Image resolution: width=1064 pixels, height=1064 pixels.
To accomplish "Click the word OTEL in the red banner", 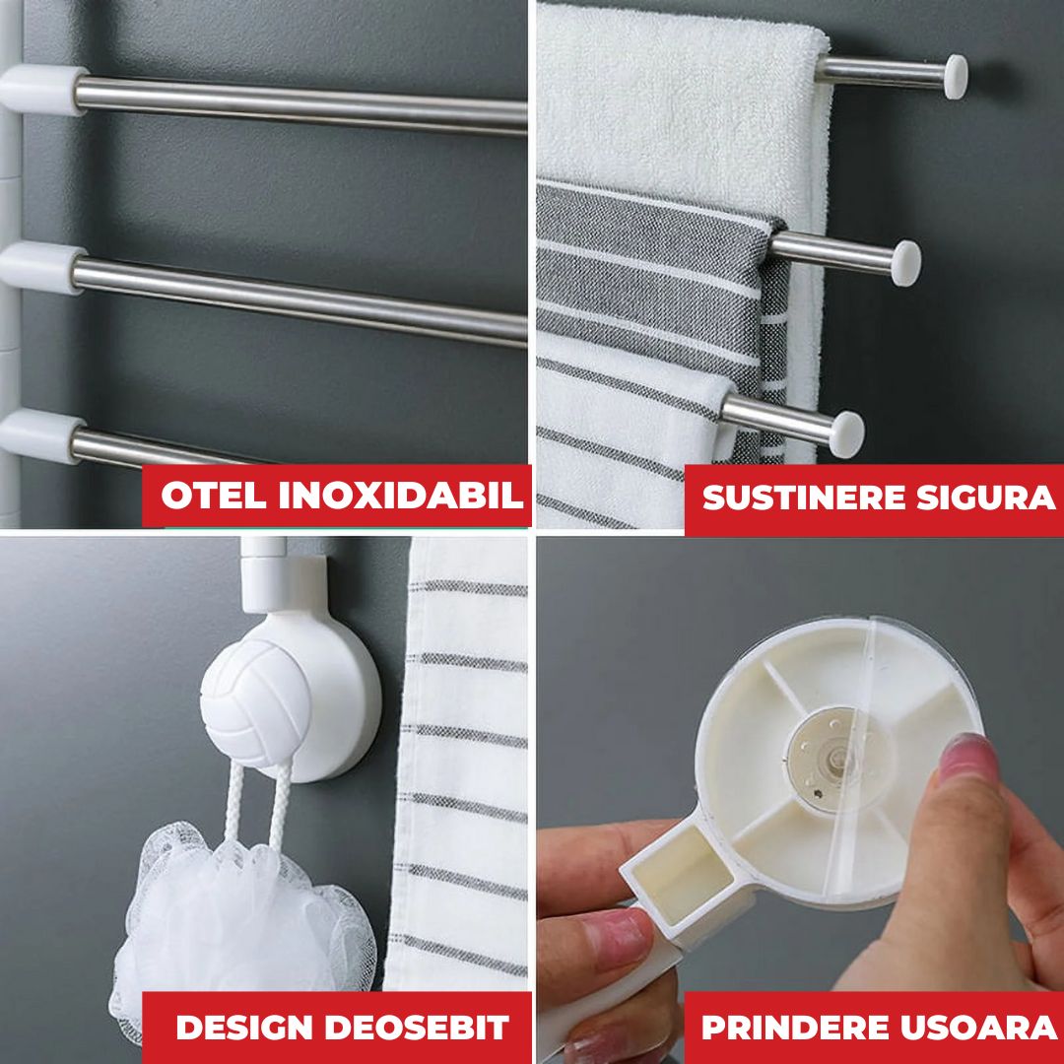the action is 213,496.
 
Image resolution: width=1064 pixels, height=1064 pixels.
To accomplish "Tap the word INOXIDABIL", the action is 401,496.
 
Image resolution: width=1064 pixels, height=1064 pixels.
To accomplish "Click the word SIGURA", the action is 986,498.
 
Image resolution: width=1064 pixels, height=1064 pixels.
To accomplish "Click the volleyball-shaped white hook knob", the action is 255,703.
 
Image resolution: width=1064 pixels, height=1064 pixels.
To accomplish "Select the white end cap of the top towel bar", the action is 956,77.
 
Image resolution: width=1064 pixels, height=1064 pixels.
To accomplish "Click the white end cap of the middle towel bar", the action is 906,263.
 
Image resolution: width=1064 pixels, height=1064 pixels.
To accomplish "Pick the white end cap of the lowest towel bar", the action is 847,434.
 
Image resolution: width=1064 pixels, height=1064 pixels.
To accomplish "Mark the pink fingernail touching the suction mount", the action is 967,757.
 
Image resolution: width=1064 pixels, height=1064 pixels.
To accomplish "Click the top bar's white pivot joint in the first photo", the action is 42,90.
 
